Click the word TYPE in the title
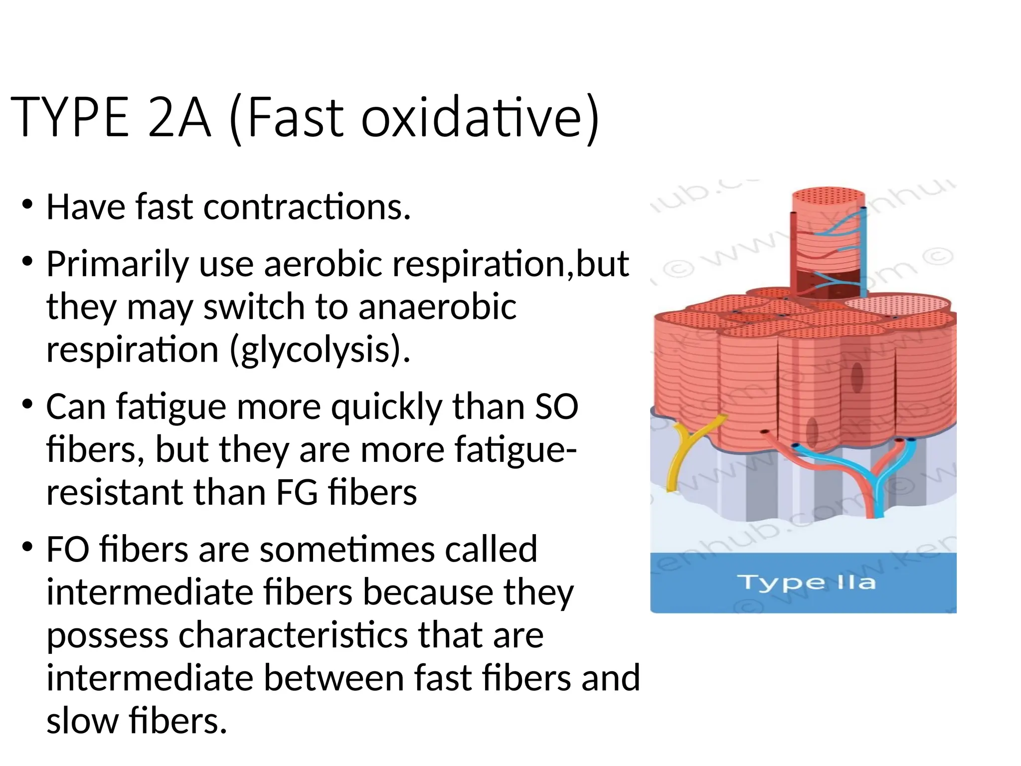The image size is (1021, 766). pos(70,118)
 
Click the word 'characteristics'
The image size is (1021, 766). pos(294,635)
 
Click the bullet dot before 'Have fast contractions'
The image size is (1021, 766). pos(27,204)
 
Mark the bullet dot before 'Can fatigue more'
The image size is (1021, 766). pos(27,404)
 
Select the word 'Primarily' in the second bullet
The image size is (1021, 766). pos(118,264)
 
